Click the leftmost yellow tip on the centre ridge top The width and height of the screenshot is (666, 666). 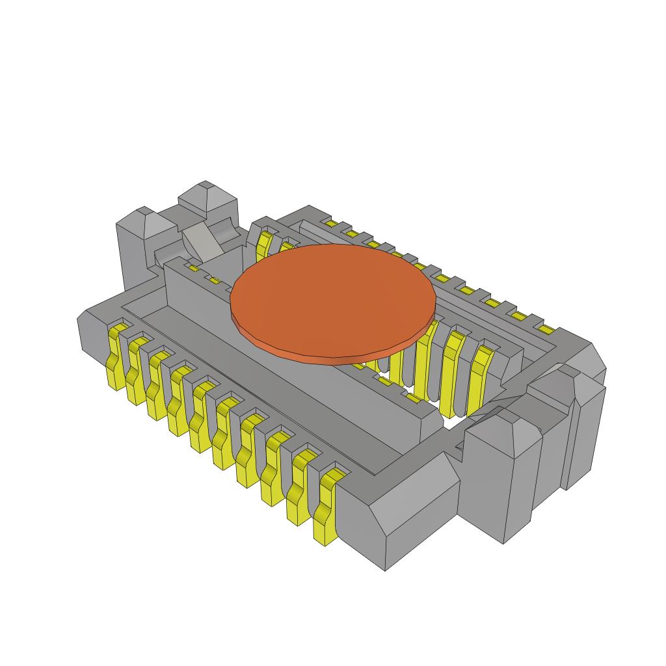[x=193, y=267]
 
